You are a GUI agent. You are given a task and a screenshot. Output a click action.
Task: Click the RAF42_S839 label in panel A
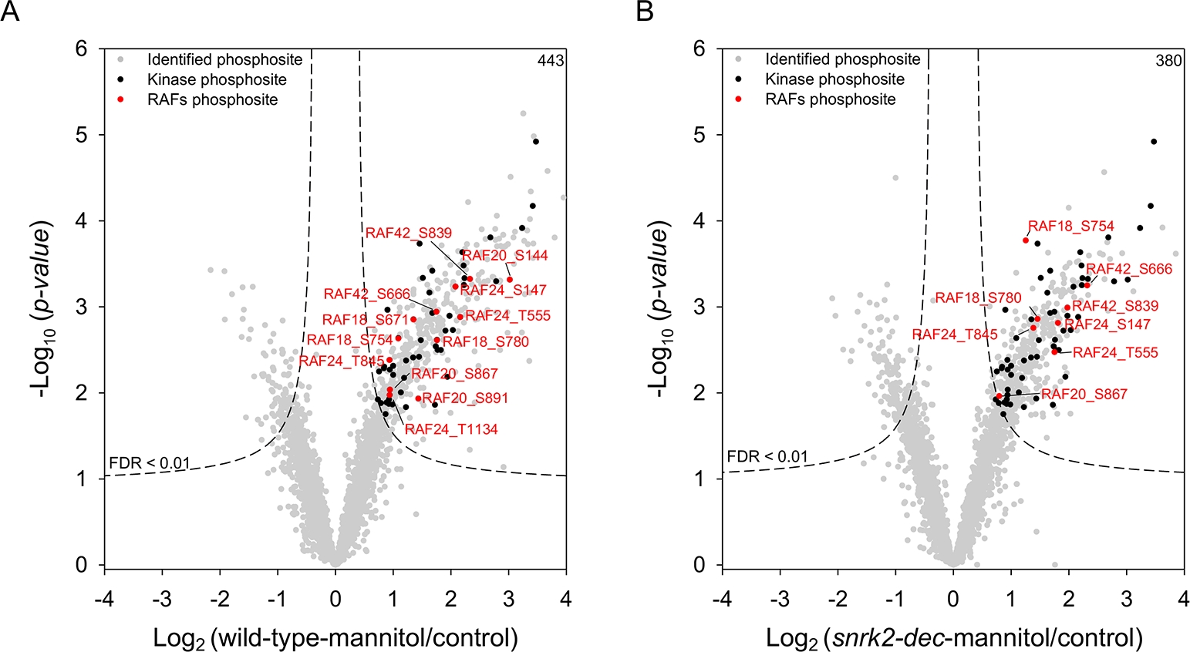coord(409,234)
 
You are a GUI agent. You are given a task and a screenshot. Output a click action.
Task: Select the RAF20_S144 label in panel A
coord(505,256)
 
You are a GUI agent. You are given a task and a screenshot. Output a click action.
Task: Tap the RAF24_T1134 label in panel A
coord(451,429)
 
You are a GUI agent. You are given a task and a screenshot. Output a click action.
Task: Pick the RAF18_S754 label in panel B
coord(1071,226)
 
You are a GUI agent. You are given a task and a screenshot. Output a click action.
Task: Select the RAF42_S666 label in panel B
coord(1129,269)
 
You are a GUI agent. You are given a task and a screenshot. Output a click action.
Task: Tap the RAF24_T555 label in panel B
coord(1115,353)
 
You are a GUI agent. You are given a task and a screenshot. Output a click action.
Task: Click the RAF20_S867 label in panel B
coord(1084,395)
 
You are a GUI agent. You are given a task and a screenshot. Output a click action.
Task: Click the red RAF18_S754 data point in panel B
coord(1026,240)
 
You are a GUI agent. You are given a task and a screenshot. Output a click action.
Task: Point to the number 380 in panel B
coord(1168,61)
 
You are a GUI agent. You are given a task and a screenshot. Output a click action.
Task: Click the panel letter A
coord(10,12)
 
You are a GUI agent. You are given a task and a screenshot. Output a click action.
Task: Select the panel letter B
coord(644,12)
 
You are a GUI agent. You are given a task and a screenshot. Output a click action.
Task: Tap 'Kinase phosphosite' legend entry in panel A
coord(217,79)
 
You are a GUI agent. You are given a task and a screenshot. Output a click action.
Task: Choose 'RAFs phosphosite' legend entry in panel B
coord(831,99)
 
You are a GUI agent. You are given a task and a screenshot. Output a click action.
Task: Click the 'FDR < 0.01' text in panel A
coord(149,464)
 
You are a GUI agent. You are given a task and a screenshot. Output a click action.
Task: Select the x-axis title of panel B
coord(954,637)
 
